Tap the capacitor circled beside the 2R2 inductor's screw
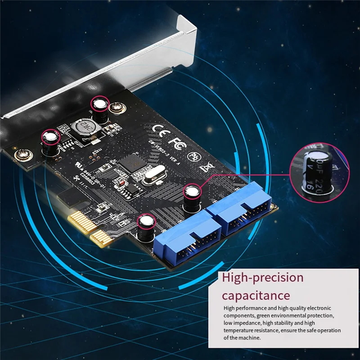101,109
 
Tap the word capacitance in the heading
256,295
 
